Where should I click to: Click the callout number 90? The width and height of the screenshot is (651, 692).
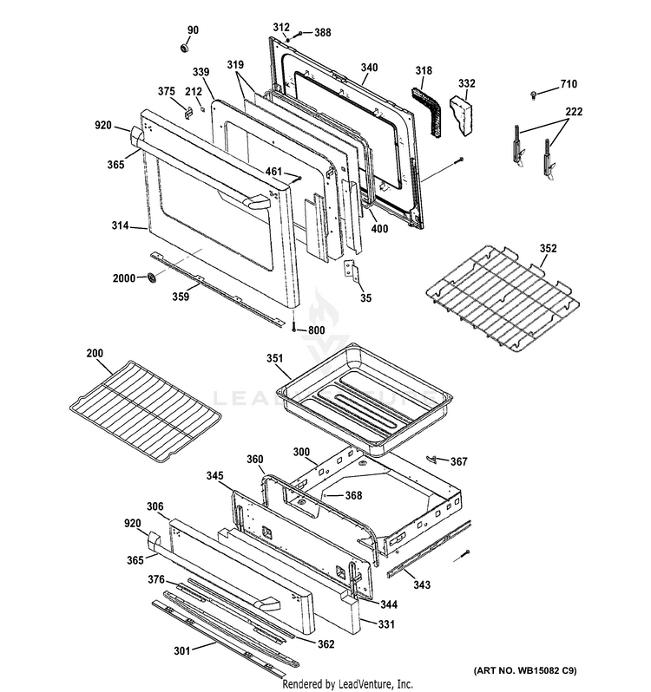coord(193,30)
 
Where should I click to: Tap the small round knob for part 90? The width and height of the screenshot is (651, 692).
coord(186,45)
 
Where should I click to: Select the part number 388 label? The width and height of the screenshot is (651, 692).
coord(322,32)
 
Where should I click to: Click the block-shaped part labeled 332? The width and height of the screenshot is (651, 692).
coord(461,112)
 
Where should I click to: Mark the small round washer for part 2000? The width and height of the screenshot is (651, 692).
coord(154,278)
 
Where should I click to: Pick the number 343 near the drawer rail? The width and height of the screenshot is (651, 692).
coord(421,586)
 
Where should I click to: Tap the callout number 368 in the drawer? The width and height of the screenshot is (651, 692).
coord(329,495)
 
